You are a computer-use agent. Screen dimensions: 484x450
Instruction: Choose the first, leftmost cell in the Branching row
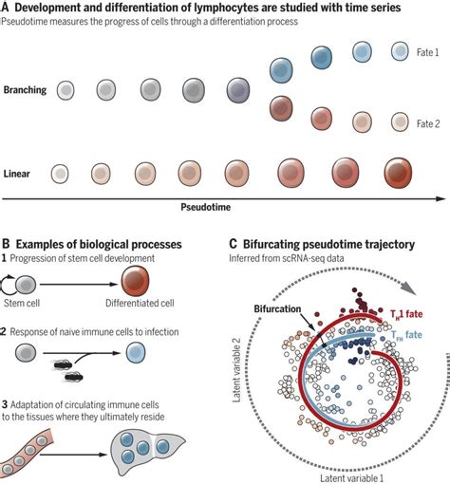[66, 89]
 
